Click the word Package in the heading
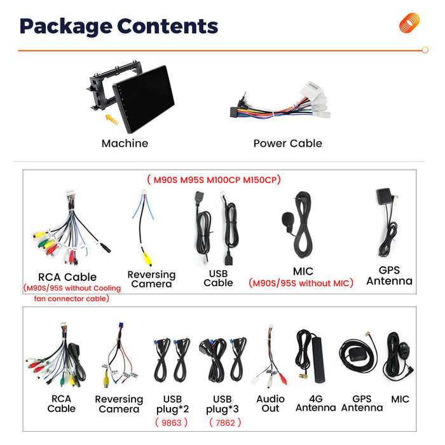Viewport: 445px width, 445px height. tap(66, 27)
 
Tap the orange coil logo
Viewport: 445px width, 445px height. tap(409, 23)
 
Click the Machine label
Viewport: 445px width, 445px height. tap(125, 143)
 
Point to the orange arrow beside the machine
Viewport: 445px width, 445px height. tap(112, 120)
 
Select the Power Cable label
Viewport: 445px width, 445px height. tap(288, 143)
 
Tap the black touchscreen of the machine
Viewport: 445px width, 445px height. tap(144, 98)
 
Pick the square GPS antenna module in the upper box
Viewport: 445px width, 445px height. tap(384, 196)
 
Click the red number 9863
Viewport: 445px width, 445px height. tap(172, 423)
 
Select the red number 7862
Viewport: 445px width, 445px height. tap(225, 423)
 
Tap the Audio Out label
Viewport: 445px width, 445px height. tap(270, 404)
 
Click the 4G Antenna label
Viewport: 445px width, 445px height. tap(315, 403)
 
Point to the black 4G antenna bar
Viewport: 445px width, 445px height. tap(318, 360)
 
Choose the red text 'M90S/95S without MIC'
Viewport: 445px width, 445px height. tap(301, 284)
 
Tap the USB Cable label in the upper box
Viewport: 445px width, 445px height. tap(218, 278)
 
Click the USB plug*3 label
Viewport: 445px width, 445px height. tap(222, 404)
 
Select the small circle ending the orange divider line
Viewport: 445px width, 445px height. tap(425, 50)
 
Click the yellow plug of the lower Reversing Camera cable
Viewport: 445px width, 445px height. tap(106, 380)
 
